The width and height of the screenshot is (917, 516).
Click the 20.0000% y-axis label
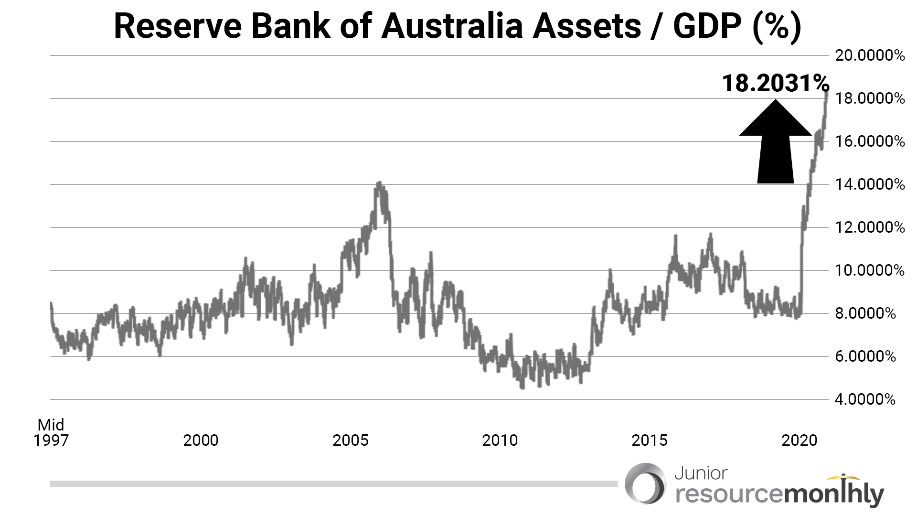click(869, 55)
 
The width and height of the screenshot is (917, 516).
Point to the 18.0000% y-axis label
click(869, 98)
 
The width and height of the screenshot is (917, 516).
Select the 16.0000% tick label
click(869, 141)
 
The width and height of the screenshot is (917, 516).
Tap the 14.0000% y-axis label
click(869, 184)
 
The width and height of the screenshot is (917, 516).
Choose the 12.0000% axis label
click(869, 227)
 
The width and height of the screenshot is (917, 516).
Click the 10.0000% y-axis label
click(869, 270)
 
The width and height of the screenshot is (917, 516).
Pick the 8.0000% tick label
click(865, 313)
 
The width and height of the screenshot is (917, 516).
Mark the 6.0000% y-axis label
click(865, 356)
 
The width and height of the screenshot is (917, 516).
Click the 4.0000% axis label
click(865, 399)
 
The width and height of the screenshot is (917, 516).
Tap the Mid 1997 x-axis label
click(51, 433)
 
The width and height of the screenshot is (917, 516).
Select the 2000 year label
click(201, 441)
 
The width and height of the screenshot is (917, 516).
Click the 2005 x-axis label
click(350, 441)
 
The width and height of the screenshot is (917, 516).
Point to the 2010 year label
click(500, 441)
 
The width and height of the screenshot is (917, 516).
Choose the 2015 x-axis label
click(649, 441)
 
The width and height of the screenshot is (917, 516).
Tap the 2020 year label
click(799, 441)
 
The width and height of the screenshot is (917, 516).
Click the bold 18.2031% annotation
click(775, 83)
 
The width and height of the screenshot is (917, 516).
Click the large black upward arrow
click(775, 143)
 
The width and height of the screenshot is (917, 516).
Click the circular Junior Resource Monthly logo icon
click(645, 484)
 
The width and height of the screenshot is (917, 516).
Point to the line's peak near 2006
click(379, 183)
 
